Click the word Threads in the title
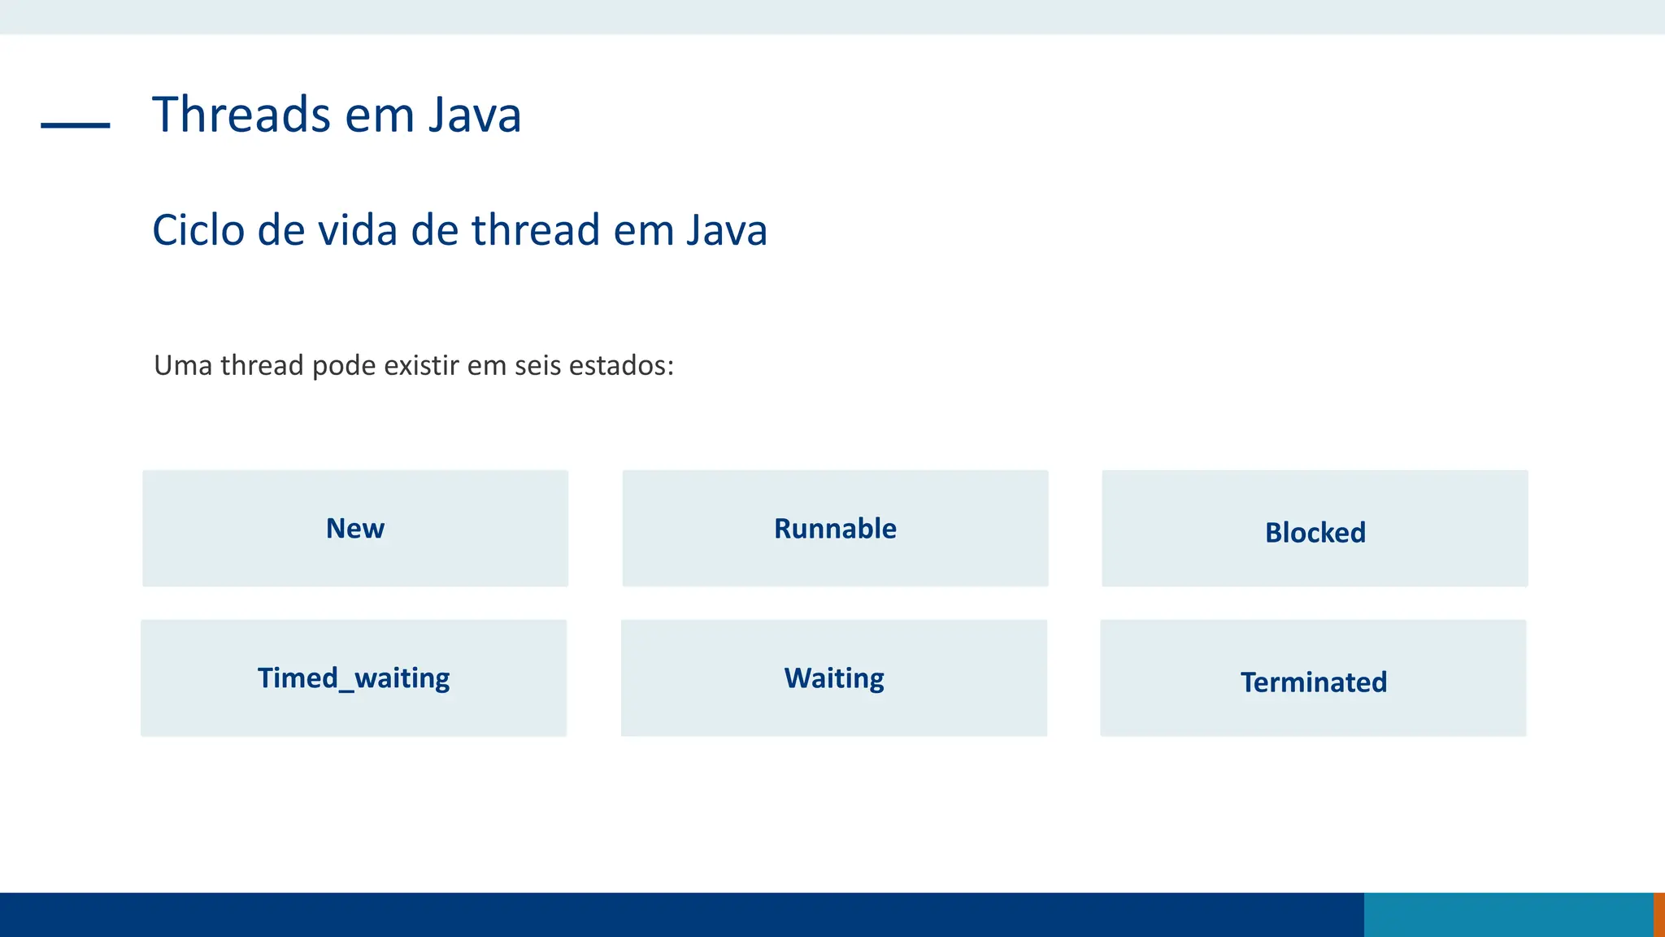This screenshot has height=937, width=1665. (241, 115)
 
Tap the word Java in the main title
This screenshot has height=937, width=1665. (475, 115)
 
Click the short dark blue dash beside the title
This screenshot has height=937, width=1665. (76, 125)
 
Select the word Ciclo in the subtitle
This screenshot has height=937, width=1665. (198, 230)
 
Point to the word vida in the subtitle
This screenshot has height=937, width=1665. (358, 230)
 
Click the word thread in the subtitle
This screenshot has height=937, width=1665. (535, 230)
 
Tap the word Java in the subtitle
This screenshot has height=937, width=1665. (727, 230)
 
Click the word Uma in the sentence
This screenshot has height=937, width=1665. (183, 366)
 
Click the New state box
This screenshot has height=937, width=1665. (355, 529)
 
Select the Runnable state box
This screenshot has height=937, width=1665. (835, 529)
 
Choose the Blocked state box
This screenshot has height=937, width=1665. (1315, 529)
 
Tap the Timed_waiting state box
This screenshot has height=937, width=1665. (354, 678)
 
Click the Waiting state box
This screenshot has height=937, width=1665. (834, 678)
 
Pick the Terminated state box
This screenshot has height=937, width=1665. (1313, 678)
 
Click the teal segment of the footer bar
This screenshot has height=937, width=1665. (1508, 915)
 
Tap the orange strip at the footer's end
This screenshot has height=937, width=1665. (1659, 915)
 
